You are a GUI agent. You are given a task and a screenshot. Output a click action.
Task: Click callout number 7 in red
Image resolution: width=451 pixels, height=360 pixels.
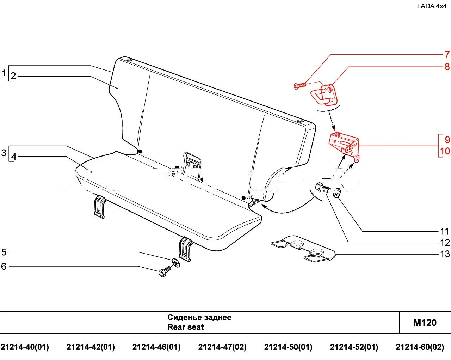(447, 55)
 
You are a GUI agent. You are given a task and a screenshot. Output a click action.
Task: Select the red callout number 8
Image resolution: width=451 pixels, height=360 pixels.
(447, 66)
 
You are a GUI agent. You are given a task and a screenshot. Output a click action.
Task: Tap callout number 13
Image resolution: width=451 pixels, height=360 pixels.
(445, 254)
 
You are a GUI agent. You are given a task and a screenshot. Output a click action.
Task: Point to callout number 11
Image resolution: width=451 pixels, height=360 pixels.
(445, 231)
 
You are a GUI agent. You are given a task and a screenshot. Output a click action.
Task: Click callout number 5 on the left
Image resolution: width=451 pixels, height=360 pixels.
(4, 252)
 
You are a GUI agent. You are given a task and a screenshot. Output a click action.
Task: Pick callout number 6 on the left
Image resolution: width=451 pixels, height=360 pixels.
(4, 266)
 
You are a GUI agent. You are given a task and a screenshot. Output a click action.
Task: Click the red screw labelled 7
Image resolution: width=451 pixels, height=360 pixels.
(299, 85)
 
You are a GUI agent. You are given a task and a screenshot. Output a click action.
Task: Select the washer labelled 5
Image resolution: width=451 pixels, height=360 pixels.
(175, 263)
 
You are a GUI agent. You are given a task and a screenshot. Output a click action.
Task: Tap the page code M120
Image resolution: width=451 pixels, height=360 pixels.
(425, 323)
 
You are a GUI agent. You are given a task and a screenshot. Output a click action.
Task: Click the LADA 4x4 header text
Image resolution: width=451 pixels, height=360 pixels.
(432, 6)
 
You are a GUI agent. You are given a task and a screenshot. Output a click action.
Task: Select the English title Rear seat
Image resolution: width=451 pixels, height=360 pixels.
(185, 327)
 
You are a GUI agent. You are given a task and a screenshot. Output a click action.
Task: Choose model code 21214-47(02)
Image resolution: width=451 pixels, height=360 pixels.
(222, 347)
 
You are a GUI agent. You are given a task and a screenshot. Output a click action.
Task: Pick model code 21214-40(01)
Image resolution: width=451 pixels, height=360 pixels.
(25, 347)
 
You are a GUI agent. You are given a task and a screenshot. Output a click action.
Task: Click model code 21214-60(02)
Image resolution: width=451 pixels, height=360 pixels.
(420, 347)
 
